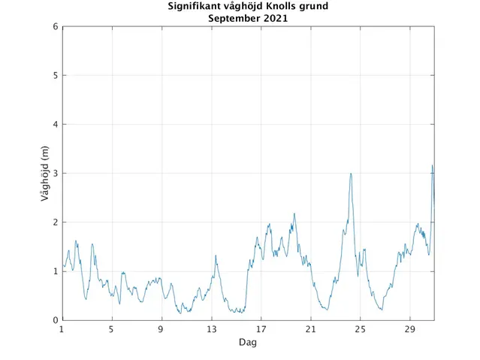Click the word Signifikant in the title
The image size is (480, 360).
tap(193, 7)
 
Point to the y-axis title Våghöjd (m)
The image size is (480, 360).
tap(44, 174)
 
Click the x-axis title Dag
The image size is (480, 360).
tap(248, 342)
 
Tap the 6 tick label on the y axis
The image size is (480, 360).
tap(56, 27)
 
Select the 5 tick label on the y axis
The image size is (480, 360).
tap(56, 76)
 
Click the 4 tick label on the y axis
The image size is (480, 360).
tap(56, 125)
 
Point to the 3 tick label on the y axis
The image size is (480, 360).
tap(56, 174)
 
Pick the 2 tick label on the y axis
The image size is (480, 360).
tap(56, 222)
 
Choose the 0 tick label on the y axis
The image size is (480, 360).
tap(56, 320)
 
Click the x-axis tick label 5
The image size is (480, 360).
tap(111, 329)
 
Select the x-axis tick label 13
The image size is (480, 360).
tap(211, 329)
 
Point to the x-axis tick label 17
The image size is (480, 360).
tap(261, 329)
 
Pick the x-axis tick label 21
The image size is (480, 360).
tap(310, 329)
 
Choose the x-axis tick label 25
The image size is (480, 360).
tap(360, 329)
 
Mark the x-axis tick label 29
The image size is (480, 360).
tap(409, 329)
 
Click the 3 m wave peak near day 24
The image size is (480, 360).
tap(351, 174)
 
